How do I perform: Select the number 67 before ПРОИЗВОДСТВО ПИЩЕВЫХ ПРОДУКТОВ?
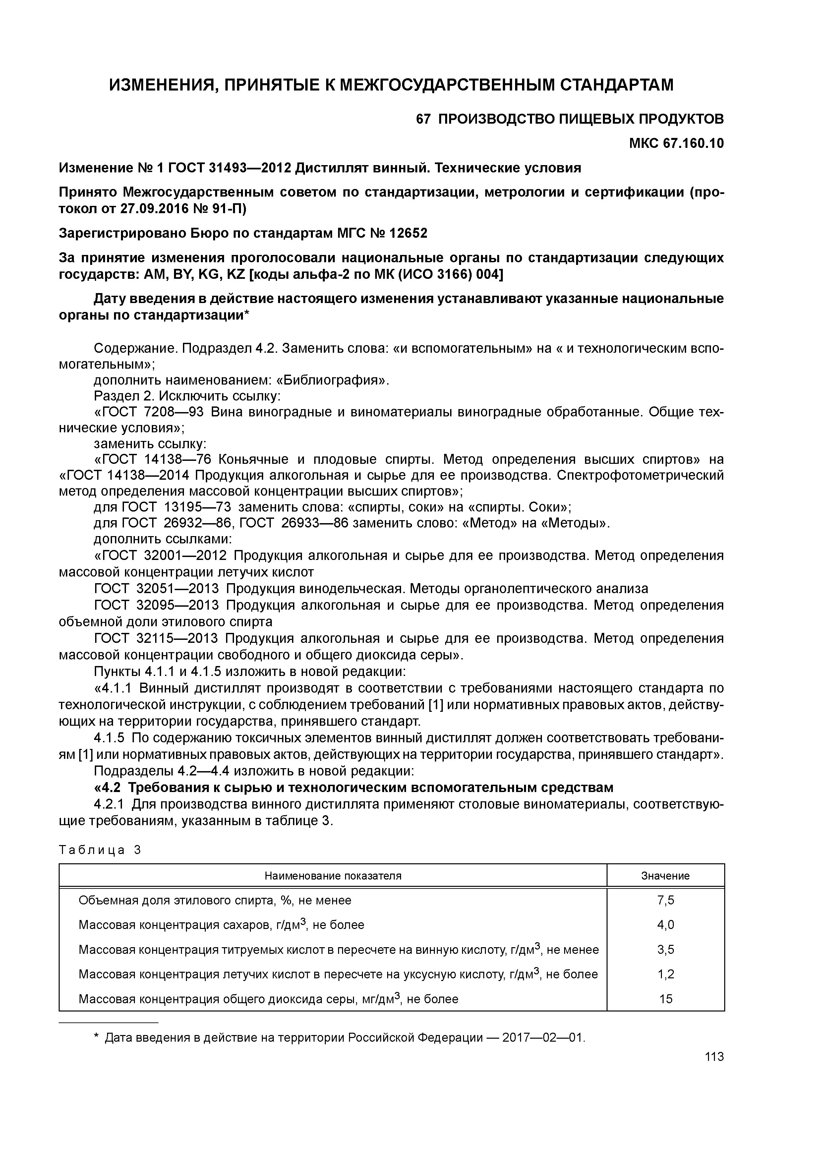[423, 120]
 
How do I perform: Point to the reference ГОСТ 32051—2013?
[156, 588]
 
